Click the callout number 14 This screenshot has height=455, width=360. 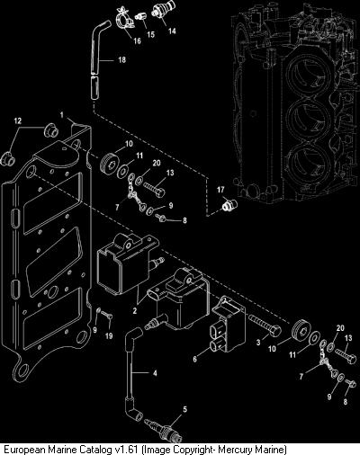point(172,31)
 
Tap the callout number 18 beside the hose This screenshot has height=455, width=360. point(121,60)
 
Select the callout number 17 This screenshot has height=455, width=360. point(220,190)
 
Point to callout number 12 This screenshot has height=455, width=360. point(18,120)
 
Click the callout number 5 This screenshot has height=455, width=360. point(184,409)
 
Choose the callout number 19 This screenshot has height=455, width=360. point(109,335)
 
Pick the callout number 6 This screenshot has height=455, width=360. point(195,359)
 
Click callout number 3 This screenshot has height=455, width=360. point(258,342)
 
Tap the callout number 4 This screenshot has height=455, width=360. point(155,373)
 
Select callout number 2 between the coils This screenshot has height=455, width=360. point(135,311)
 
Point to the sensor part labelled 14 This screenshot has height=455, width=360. point(160,10)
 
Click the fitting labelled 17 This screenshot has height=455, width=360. point(229,205)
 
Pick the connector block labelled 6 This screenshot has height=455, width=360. point(227,325)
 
